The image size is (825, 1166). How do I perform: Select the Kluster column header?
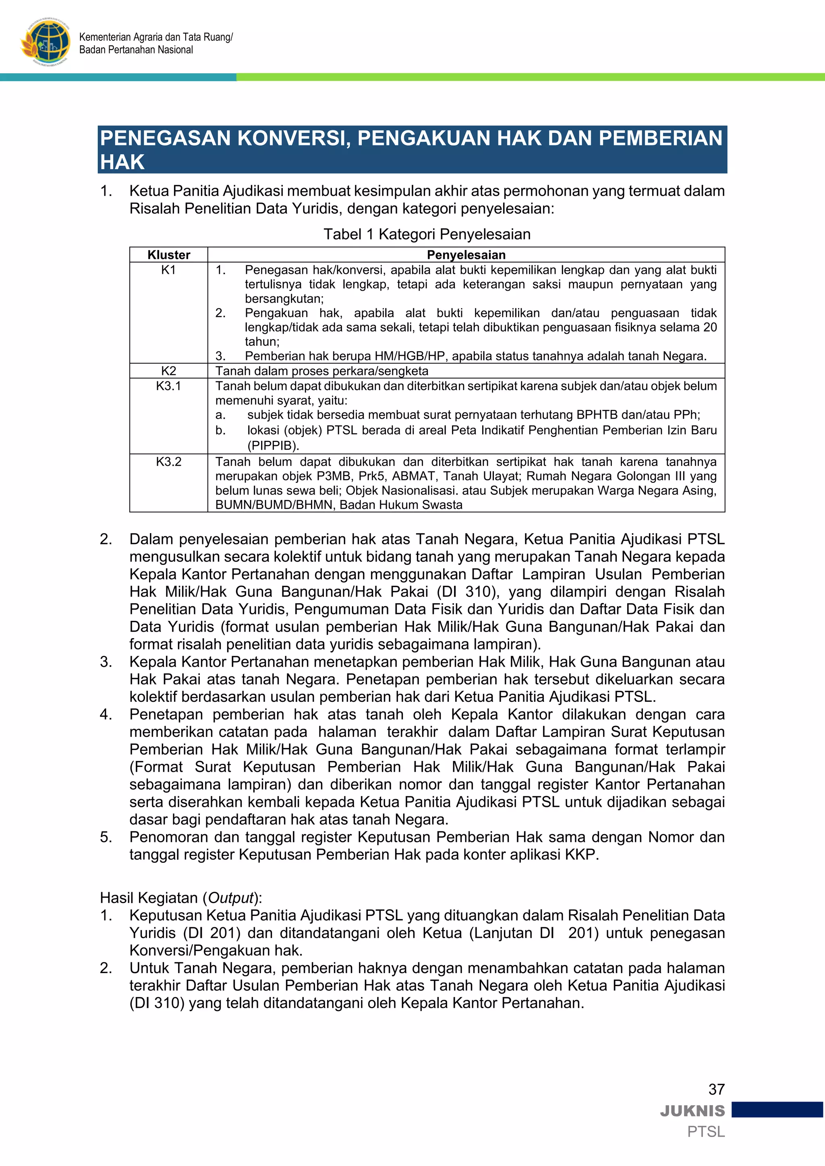(x=169, y=254)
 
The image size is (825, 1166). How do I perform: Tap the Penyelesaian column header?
(x=466, y=254)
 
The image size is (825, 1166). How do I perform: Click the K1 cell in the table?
(x=169, y=270)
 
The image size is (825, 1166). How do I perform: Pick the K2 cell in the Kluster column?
(x=169, y=371)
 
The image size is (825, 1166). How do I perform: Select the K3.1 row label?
(x=169, y=386)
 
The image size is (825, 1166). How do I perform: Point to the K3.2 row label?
(x=169, y=462)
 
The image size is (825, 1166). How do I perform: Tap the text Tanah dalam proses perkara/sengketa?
(x=321, y=371)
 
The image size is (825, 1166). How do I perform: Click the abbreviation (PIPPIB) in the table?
(x=273, y=445)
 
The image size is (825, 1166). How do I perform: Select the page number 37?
(x=716, y=1090)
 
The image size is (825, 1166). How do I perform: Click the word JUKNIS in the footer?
(x=692, y=1111)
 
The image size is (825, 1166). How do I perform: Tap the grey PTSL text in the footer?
(x=706, y=1132)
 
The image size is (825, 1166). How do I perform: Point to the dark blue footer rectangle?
(x=777, y=1110)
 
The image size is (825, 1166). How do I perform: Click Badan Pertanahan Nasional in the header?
(x=136, y=50)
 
